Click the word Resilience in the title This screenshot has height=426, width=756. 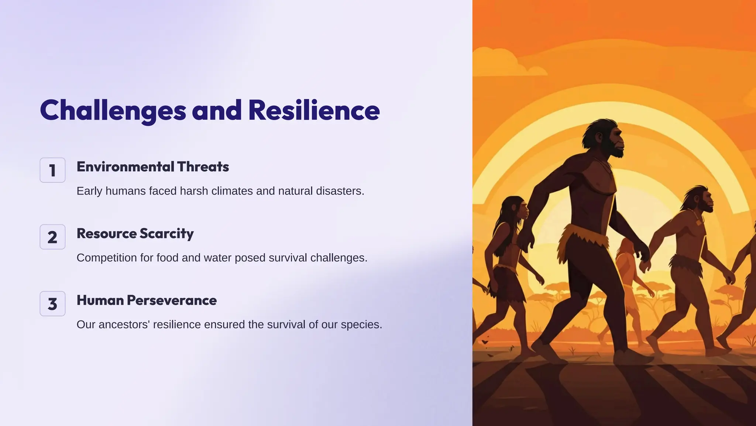click(314, 111)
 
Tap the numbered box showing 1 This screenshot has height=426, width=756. click(52, 170)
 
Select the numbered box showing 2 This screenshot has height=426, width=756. click(52, 237)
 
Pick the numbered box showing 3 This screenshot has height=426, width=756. click(52, 304)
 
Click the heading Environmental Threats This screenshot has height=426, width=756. click(152, 167)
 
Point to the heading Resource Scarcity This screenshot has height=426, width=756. click(135, 234)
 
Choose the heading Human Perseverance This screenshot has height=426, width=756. click(146, 300)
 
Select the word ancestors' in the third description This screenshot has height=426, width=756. click(124, 324)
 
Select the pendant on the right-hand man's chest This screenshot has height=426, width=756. click(698, 223)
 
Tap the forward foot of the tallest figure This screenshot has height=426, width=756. click(631, 357)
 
